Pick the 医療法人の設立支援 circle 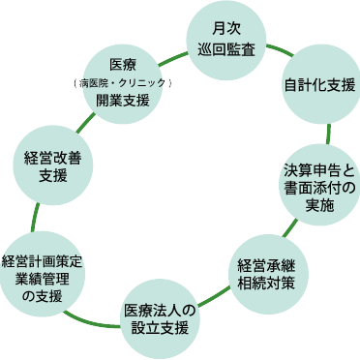(160, 317)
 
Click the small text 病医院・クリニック (123, 82)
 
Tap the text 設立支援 (160, 328)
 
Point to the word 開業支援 (123, 100)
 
